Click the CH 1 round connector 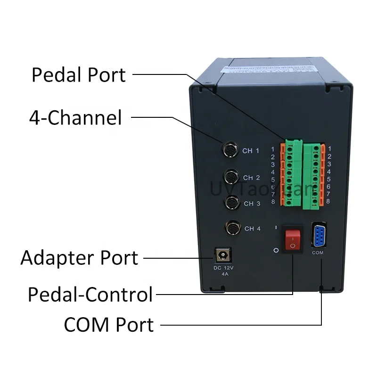(x=230, y=150)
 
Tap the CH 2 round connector (x=231, y=177)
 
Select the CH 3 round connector (x=232, y=203)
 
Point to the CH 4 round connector (x=233, y=229)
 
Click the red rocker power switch (x=292, y=239)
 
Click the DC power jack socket (x=221, y=256)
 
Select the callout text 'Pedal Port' (x=79, y=74)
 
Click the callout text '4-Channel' (x=75, y=117)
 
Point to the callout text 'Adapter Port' (x=79, y=258)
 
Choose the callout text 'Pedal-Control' (x=90, y=294)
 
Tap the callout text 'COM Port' (x=108, y=325)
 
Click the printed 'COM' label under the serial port (x=318, y=253)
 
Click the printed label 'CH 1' (x=251, y=151)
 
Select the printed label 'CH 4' (x=252, y=229)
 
